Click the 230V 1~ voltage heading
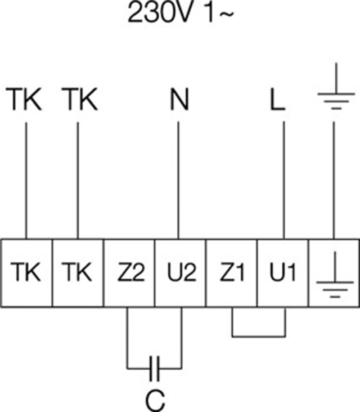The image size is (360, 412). pos(181,13)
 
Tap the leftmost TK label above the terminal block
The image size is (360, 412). pos(24,99)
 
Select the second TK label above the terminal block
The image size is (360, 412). pos(80,99)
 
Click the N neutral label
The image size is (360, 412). pos(179,99)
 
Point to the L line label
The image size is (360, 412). pos(277,99)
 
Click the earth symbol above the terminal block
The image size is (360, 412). pos(336,86)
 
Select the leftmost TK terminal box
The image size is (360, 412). pos(26,273)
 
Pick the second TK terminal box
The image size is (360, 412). pos(78,273)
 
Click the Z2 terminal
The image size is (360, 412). pos(129,273)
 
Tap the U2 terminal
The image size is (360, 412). pos(181,273)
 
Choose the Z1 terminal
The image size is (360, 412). pos(232,273)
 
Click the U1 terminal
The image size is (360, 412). pos(283,273)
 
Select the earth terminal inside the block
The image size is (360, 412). pos(334,273)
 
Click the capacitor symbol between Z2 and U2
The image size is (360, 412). pos(154,369)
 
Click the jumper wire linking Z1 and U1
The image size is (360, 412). pos(259,336)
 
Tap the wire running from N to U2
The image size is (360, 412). pos(178,180)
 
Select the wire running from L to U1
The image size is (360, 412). pos(284,180)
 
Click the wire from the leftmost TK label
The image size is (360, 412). pos(26,181)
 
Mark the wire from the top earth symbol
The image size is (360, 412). pos(334,180)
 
